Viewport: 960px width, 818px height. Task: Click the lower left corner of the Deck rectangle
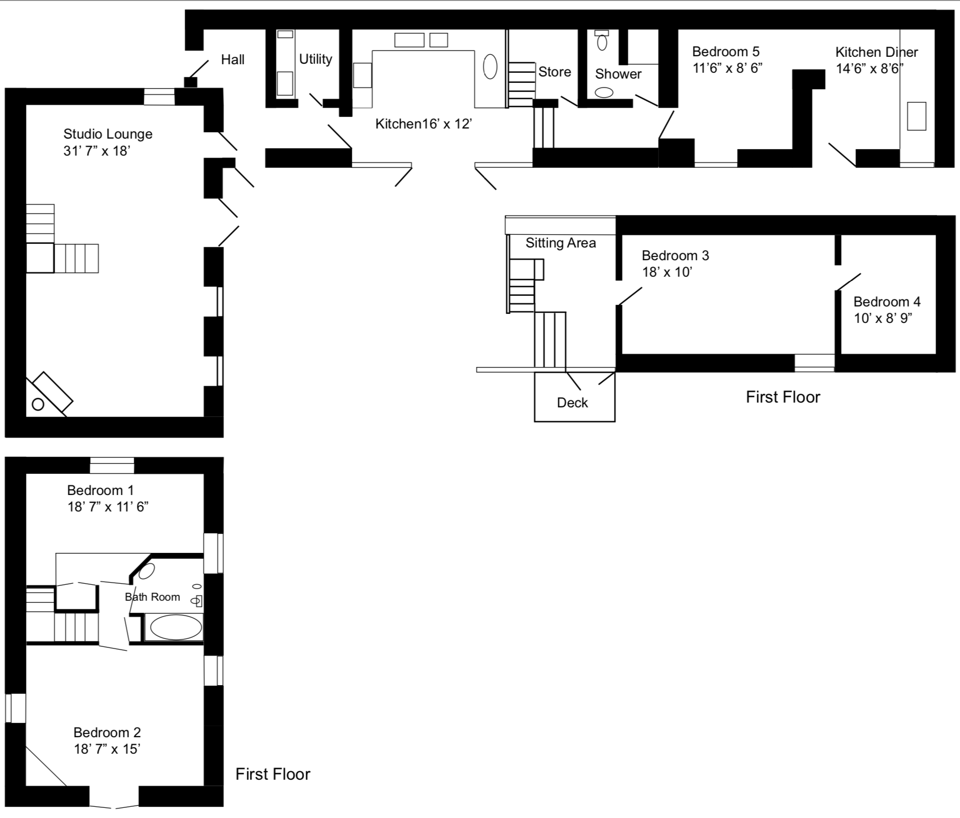[x=534, y=422]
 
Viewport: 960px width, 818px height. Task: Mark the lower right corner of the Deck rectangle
[x=615, y=422]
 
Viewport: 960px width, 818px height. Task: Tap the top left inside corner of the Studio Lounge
[x=26, y=105]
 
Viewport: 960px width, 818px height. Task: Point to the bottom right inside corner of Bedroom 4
[x=936, y=353]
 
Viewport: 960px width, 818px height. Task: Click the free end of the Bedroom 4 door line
[x=861, y=274]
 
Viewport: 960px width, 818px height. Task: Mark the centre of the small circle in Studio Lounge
[x=38, y=404]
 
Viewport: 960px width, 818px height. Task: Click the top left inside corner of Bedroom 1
[x=26, y=474]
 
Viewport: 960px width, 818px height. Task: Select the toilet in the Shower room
[x=602, y=40]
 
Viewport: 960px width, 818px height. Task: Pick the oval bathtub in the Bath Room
[x=176, y=628]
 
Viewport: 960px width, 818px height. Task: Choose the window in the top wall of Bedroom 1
[x=112, y=465]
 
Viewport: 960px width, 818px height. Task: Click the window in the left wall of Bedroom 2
[x=16, y=708]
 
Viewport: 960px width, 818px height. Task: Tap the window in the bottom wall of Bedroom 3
[x=815, y=363]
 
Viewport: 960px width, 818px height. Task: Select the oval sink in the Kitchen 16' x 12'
[x=490, y=67]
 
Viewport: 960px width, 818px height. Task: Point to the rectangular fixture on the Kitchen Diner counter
[x=916, y=116]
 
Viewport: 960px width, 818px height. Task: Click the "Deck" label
[x=573, y=403]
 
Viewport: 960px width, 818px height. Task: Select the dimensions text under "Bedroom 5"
[x=728, y=68]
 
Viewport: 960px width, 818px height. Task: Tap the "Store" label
[x=555, y=72]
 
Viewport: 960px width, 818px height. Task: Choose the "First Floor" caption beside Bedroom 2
[x=273, y=774]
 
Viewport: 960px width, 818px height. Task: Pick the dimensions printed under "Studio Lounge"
[x=97, y=151]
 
